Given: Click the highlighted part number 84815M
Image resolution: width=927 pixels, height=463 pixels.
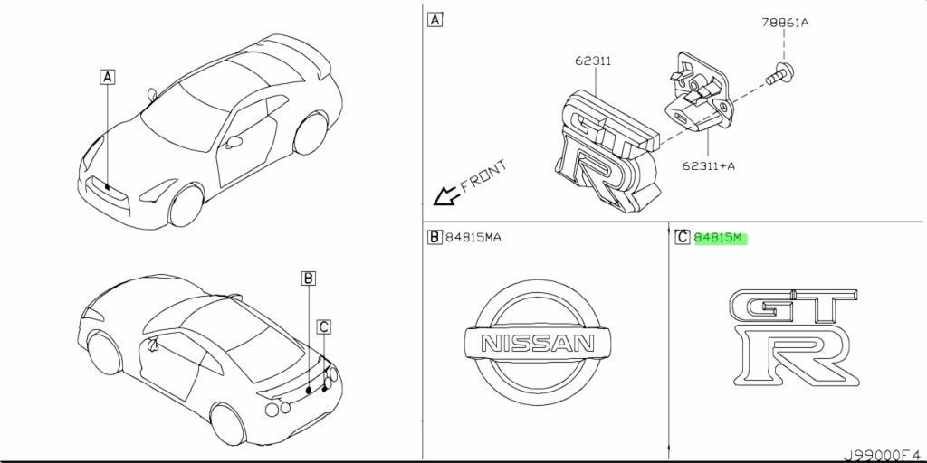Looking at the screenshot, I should pos(717,238).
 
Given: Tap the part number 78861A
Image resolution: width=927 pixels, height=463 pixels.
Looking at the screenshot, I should pos(784,24).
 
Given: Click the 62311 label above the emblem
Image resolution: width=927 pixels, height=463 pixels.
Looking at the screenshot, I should pos(593,61).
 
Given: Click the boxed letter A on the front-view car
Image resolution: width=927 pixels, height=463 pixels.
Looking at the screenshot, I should pos(108,79).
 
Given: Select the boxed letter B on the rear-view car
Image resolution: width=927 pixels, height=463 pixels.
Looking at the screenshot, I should pos(308,279).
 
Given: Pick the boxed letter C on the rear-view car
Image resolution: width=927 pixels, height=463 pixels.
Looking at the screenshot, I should pos(323,326).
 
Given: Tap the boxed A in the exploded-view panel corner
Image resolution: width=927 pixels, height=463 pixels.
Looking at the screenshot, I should pos(435,19).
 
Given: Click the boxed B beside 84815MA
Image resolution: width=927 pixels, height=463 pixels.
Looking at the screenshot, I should pos(435,238).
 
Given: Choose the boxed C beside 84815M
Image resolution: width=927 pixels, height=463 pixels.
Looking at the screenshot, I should pos(683,238).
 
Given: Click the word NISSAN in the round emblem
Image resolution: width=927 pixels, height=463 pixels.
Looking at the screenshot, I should pos(537,345).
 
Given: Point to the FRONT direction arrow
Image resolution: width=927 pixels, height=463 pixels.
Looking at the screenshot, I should pos(444,195).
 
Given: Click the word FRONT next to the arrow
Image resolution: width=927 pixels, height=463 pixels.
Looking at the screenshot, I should pos(483,175).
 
